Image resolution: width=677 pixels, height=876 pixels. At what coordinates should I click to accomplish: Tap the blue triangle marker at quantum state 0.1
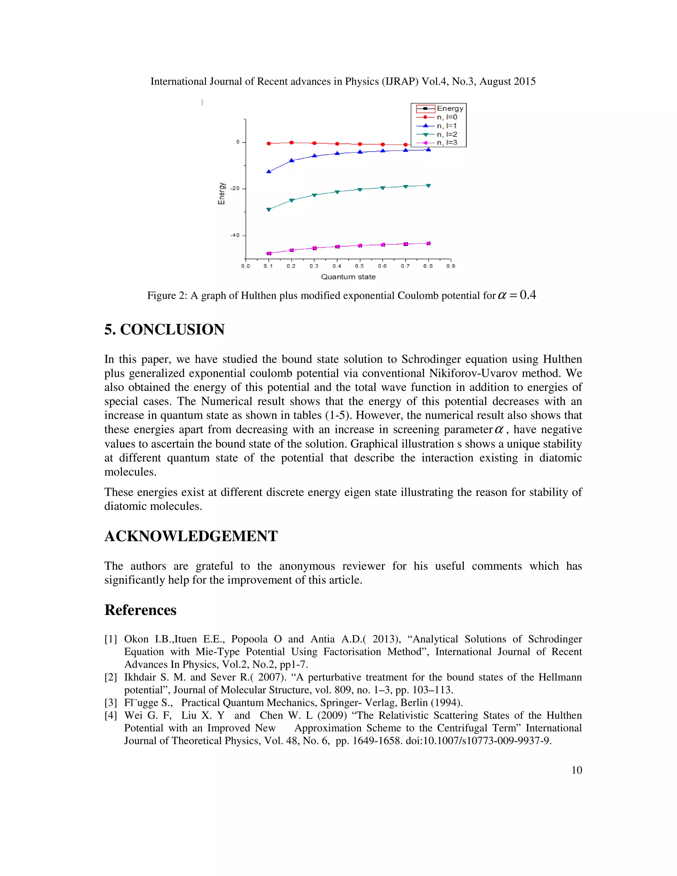269,172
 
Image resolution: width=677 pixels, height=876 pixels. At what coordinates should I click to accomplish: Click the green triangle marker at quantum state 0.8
428,186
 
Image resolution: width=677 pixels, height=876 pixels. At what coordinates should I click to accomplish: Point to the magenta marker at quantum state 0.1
269,254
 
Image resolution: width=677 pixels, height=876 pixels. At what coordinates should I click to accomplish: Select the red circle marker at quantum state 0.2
292,143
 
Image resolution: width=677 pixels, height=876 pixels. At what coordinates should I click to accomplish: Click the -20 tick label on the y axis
235,188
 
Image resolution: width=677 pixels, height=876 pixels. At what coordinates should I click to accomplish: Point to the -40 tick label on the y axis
235,235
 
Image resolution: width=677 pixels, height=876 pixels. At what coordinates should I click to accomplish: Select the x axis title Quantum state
348,277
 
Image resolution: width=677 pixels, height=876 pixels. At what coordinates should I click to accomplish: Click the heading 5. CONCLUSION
164,330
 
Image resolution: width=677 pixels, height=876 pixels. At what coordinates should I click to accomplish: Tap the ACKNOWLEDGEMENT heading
191,536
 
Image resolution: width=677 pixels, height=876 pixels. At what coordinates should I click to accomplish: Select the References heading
140,610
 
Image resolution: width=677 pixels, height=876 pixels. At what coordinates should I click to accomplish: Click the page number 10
576,770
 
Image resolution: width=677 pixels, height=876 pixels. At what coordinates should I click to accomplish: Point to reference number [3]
111,703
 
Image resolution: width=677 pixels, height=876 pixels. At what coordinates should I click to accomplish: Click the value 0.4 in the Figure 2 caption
528,295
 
